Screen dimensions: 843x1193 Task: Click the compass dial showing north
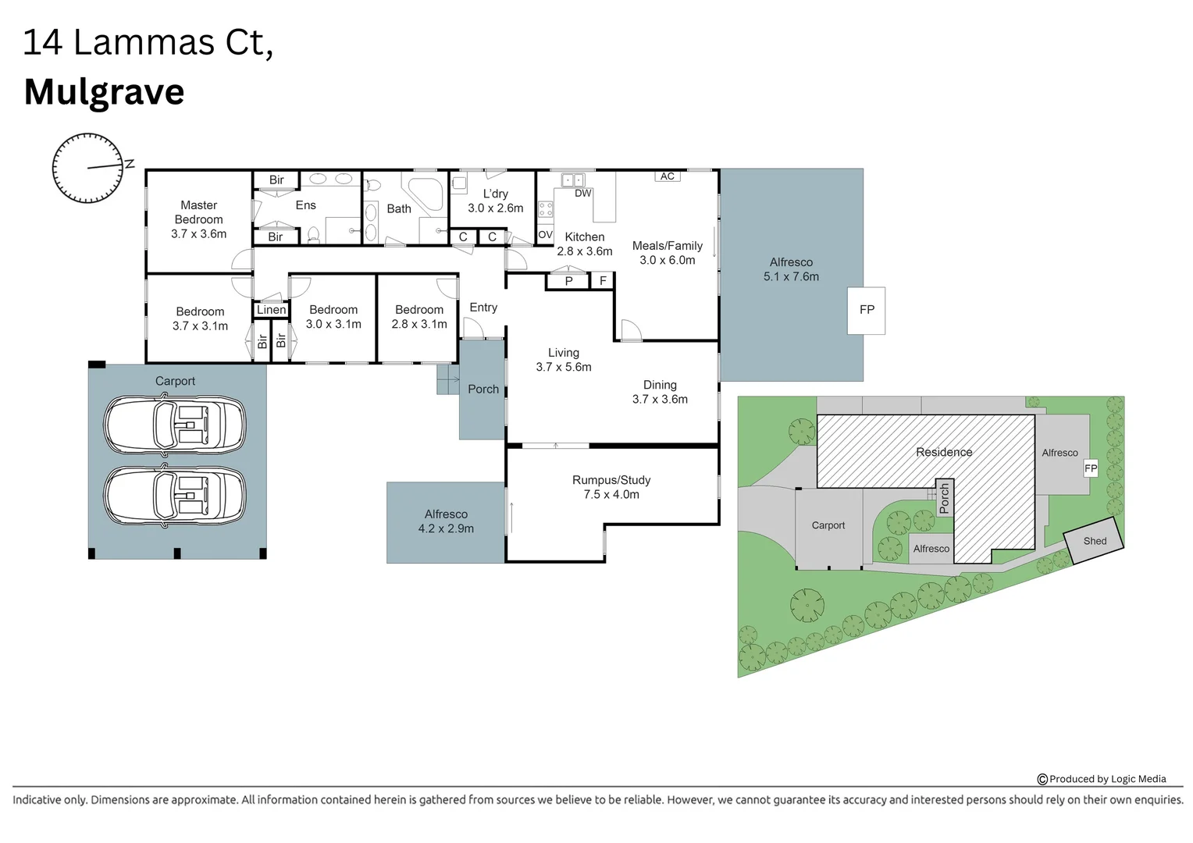tap(87, 168)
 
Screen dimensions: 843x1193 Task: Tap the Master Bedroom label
tap(198, 212)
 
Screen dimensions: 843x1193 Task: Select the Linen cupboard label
tap(271, 310)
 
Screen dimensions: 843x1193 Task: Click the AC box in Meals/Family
tap(667, 176)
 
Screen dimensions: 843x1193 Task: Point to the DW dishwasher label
tap(582, 194)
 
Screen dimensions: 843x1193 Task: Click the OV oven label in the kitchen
tap(545, 234)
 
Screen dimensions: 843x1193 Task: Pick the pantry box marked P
tap(568, 281)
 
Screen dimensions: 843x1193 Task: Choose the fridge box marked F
tap(603, 281)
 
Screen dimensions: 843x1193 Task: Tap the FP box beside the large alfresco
tap(867, 310)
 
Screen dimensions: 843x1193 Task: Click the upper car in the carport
tap(175, 425)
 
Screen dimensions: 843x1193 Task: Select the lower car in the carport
tap(175, 496)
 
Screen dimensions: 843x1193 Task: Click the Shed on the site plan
tap(1095, 541)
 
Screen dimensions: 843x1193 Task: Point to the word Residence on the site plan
tap(944, 452)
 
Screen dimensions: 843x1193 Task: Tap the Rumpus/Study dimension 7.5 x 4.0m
tap(611, 495)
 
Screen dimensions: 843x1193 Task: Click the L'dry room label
tap(495, 194)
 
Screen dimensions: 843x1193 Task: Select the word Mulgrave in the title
tap(104, 92)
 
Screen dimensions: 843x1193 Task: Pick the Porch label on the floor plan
tap(483, 389)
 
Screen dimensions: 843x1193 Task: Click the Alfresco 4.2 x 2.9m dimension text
tap(446, 528)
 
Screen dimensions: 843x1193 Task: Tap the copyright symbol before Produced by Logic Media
tap(1042, 779)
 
